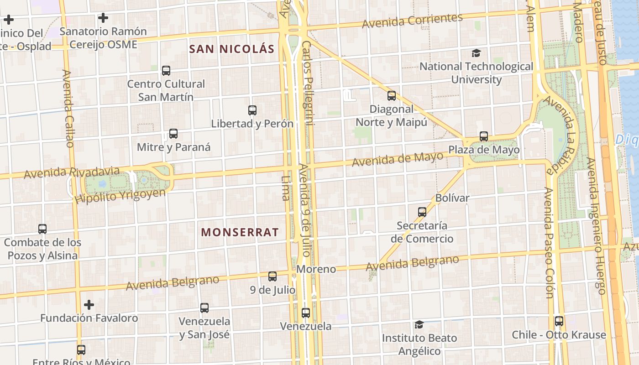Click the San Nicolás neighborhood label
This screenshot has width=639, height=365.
click(231, 49)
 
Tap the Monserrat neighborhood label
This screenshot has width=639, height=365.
click(240, 232)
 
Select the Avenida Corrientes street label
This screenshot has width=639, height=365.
click(412, 21)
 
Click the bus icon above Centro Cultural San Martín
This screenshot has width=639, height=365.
click(166, 71)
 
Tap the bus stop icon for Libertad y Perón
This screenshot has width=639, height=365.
click(252, 110)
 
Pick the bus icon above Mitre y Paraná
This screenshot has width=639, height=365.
click(173, 134)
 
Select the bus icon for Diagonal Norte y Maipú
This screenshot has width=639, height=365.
click(392, 96)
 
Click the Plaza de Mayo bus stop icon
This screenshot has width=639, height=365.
click(484, 136)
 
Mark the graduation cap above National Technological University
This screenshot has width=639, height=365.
click(476, 53)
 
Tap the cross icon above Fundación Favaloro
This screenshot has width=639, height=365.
click(89, 304)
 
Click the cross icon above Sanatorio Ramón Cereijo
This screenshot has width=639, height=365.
click(103, 18)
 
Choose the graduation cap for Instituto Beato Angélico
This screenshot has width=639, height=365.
click(419, 324)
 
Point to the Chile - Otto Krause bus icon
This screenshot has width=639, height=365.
click(559, 321)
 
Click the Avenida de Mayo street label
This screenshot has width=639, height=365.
click(397, 159)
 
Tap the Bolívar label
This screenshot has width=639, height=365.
click(452, 198)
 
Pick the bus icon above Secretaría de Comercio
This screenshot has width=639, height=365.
click(422, 212)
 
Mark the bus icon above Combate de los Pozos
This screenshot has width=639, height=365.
click(42, 229)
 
